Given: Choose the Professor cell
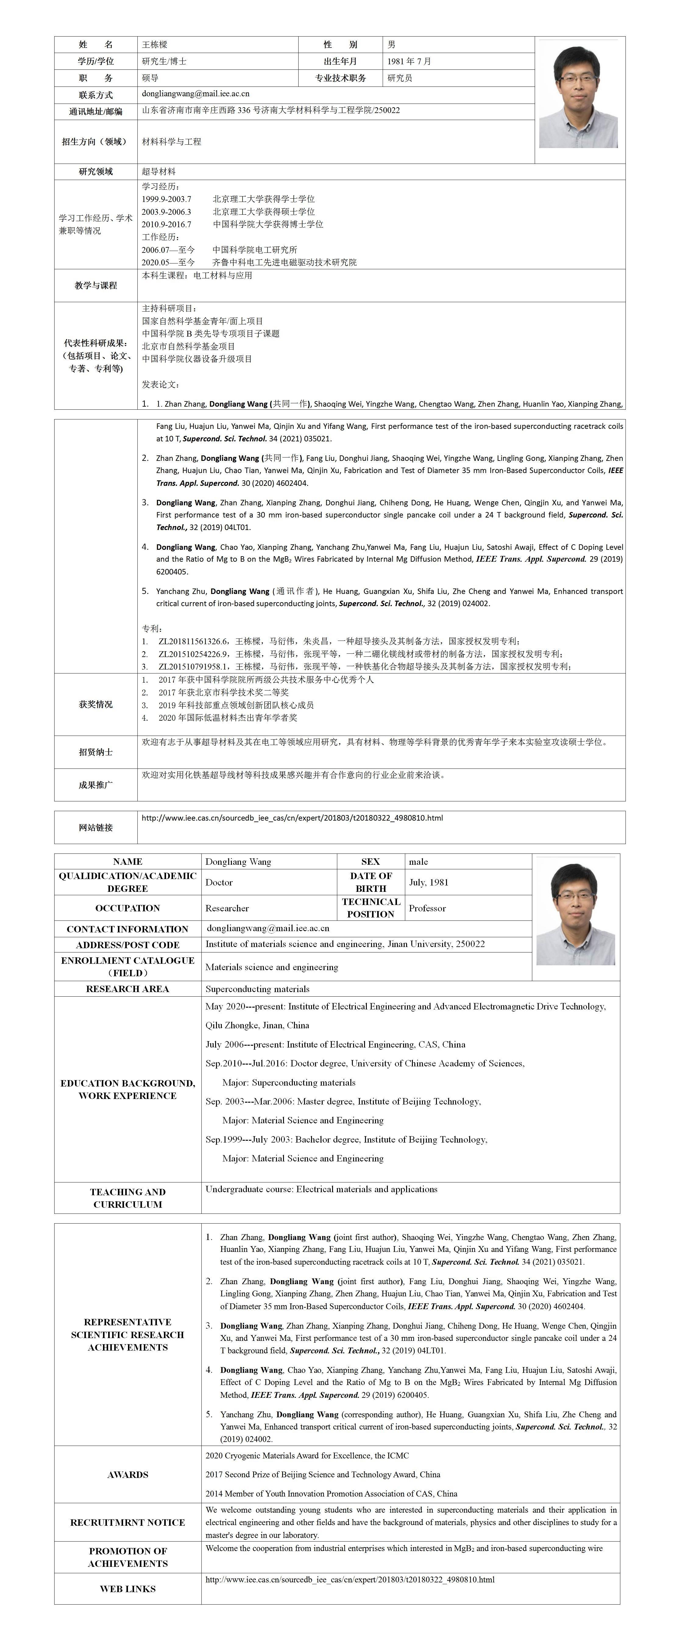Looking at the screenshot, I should pos(427,908).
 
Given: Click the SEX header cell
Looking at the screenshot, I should pos(370,861).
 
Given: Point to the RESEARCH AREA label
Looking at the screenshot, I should pos(127,989).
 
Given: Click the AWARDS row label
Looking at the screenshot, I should pos(127,1475).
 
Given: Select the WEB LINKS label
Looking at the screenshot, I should pos(127,1588).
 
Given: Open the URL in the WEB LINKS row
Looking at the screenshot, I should pos(350,1580).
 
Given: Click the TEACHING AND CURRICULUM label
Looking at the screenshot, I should pos(127,1198).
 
